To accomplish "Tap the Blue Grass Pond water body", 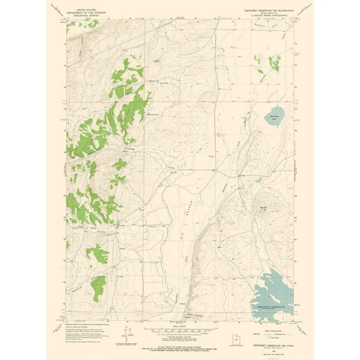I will (273, 116).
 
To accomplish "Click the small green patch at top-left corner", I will (73, 22).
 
